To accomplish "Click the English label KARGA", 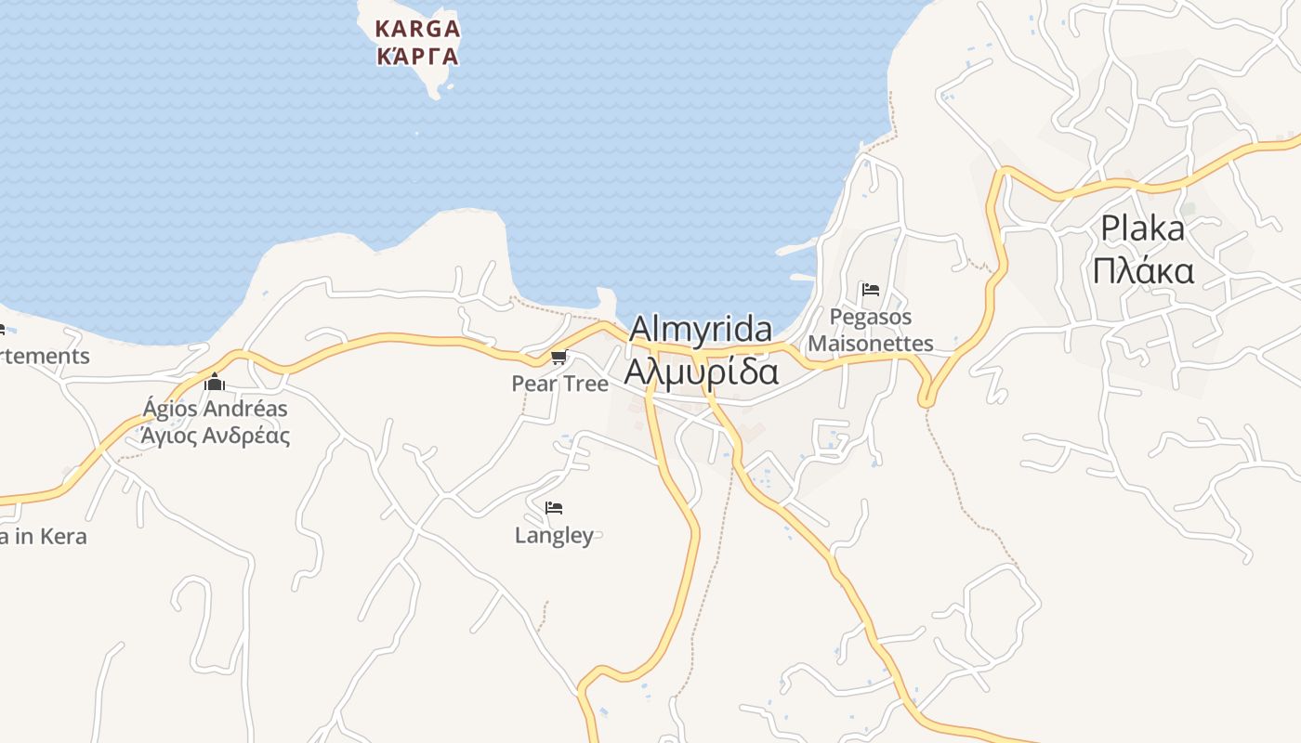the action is click(x=416, y=29).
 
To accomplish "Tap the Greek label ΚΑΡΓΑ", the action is click(x=416, y=57).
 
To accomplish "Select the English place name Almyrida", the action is click(x=701, y=330).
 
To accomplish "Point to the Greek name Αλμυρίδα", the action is click(x=701, y=371).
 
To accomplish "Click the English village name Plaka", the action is click(x=1142, y=228).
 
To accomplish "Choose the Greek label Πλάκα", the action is click(x=1142, y=271).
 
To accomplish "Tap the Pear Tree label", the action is click(x=559, y=384).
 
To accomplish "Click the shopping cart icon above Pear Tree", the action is click(x=559, y=358).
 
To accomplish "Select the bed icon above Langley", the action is click(x=554, y=508).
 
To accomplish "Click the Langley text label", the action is click(x=553, y=536).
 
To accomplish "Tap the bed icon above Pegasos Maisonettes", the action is click(x=871, y=290).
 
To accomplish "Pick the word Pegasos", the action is click(x=870, y=318).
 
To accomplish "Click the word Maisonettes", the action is click(x=870, y=344).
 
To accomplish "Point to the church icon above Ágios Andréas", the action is click(x=216, y=382).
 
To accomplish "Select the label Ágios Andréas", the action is click(x=215, y=409).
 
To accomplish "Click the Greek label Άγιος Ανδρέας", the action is click(x=215, y=436).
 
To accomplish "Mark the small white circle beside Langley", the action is click(x=598, y=535).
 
